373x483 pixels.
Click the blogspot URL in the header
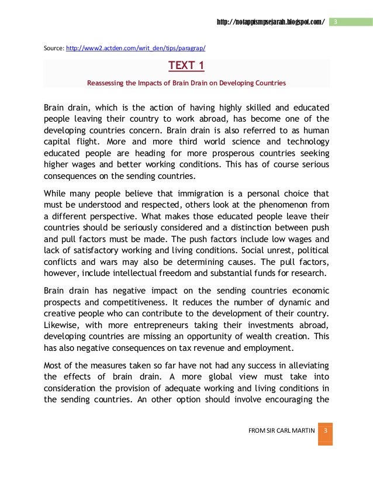tap(270, 22)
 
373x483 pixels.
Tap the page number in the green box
tap(336, 22)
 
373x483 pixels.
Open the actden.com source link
tap(136, 48)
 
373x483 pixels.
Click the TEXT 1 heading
tap(186, 64)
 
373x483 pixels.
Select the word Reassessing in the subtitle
tap(105, 83)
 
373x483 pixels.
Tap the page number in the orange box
tap(326, 431)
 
